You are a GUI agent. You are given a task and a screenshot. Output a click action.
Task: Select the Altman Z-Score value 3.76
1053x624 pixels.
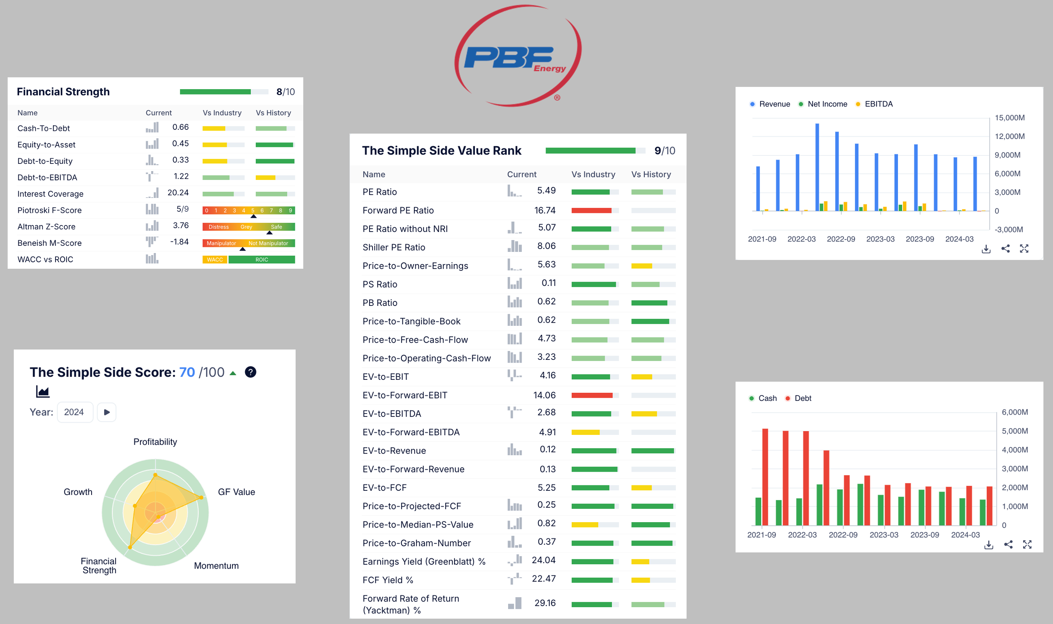point(181,225)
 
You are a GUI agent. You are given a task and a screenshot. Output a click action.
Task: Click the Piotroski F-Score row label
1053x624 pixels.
point(50,210)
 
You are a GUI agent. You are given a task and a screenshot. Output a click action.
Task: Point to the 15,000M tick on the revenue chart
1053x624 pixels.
point(1009,118)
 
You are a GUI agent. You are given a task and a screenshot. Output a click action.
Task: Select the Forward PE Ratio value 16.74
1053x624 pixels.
point(545,210)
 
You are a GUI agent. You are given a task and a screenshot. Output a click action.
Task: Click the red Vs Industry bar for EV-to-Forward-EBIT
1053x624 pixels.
point(592,395)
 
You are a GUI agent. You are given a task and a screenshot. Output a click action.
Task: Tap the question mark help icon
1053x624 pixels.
point(251,372)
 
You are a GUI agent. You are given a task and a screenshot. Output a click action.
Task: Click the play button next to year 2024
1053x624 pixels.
point(107,412)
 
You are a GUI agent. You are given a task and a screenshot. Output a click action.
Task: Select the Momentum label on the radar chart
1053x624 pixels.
point(216,565)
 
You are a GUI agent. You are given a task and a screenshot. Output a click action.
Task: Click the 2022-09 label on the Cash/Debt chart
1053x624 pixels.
point(843,535)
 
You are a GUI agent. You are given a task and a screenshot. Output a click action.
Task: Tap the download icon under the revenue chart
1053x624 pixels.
point(986,249)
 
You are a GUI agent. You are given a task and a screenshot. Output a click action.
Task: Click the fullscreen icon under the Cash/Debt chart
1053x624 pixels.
point(1027,544)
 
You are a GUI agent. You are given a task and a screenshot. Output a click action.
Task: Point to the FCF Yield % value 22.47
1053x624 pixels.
point(544,578)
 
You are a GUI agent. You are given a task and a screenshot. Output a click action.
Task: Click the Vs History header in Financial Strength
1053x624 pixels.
point(273,113)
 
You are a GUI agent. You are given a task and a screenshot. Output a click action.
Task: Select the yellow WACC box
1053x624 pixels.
point(215,260)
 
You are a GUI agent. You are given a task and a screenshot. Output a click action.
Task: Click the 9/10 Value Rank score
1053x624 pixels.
point(665,150)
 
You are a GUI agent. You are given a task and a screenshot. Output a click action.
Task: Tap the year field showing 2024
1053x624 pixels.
point(74,412)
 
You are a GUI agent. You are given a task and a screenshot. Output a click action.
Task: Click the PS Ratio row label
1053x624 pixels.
point(380,284)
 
